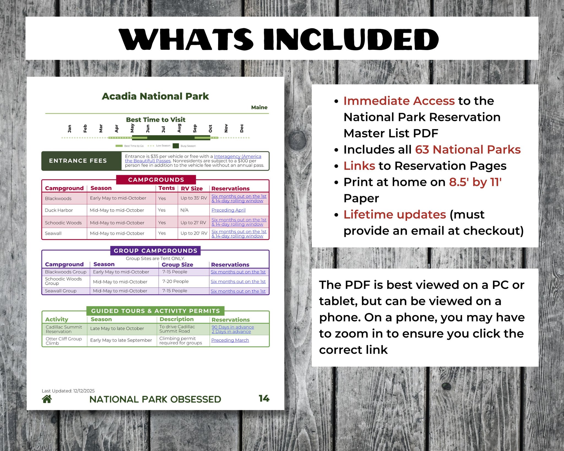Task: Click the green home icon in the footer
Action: pyautogui.click(x=47, y=399)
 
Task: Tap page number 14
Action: pyautogui.click(x=264, y=398)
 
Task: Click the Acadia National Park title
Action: pyautogui.click(x=155, y=96)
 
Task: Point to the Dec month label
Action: pyautogui.click(x=242, y=128)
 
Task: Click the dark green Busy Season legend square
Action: pyautogui.click(x=176, y=146)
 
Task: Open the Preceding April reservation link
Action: pyautogui.click(x=228, y=210)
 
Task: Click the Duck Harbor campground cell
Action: pyautogui.click(x=59, y=210)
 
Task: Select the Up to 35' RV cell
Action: pyautogui.click(x=194, y=198)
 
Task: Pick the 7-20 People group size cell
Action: pyautogui.click(x=175, y=281)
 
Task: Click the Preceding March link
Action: pyautogui.click(x=230, y=340)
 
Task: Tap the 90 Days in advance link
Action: pyautogui.click(x=233, y=327)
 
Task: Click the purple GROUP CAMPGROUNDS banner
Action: pyautogui.click(x=155, y=251)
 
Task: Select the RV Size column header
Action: pyautogui.click(x=192, y=189)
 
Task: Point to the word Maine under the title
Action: pyautogui.click(x=259, y=107)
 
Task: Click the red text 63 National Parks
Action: pyautogui.click(x=468, y=150)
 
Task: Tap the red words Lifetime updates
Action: pyautogui.click(x=395, y=214)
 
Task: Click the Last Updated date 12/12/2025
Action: pyautogui.click(x=84, y=391)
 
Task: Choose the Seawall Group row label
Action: pyautogui.click(x=61, y=291)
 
